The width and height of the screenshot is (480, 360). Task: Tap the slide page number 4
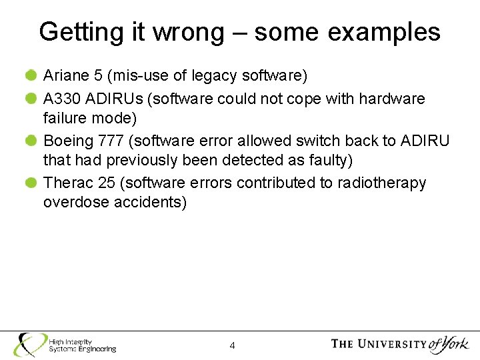click(x=232, y=345)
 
